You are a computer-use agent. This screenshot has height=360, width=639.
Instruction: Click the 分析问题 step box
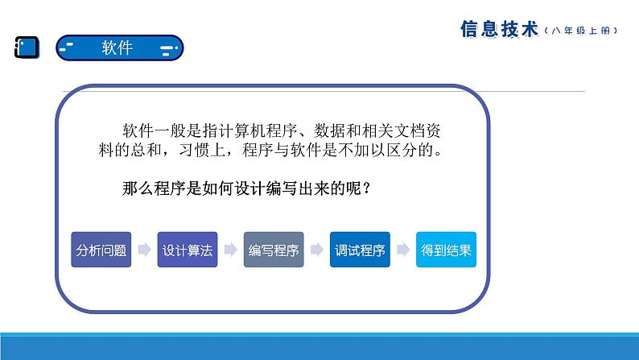pyautogui.click(x=101, y=250)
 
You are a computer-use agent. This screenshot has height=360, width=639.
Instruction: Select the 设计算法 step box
pyautogui.click(x=188, y=250)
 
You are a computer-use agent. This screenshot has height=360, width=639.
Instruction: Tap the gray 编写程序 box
pyautogui.click(x=274, y=250)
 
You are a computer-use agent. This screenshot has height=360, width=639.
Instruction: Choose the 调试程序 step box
pyautogui.click(x=360, y=250)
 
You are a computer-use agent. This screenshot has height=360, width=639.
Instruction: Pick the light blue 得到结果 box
pyautogui.click(x=446, y=250)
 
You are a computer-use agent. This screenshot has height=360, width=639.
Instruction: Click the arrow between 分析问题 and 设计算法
pyautogui.click(x=145, y=249)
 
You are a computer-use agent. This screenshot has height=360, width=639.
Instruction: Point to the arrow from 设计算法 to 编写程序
pyautogui.click(x=231, y=249)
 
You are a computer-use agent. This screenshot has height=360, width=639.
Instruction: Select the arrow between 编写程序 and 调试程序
pyautogui.click(x=317, y=249)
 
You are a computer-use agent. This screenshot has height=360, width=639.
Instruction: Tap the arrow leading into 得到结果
pyautogui.click(x=403, y=249)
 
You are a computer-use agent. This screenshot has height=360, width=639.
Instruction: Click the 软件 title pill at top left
pyautogui.click(x=119, y=48)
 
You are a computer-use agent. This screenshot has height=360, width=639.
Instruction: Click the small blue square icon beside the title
pyautogui.click(x=27, y=48)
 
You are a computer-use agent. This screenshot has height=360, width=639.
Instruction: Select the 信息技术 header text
pyautogui.click(x=499, y=29)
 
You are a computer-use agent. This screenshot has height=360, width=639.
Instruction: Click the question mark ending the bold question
pyautogui.click(x=366, y=188)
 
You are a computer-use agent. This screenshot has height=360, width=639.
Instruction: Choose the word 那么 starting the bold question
pyautogui.click(x=138, y=188)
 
